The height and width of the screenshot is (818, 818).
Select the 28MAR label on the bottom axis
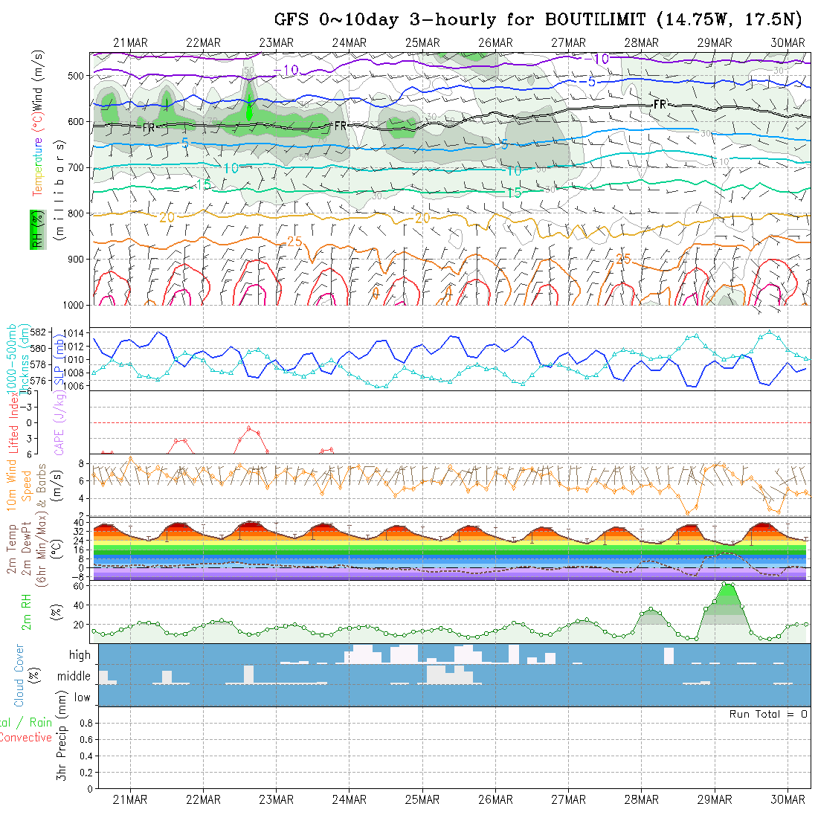point(641,799)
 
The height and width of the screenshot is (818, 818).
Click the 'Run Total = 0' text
point(768,714)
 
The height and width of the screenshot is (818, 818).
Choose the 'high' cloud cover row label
point(80,655)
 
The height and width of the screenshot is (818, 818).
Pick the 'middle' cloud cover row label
point(74,677)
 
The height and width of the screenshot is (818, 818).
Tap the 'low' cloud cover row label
point(82,698)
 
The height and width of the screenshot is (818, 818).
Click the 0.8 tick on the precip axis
point(84,723)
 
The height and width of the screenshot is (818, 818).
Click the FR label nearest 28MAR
point(660,105)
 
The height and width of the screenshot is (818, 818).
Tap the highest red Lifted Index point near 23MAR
point(249,428)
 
